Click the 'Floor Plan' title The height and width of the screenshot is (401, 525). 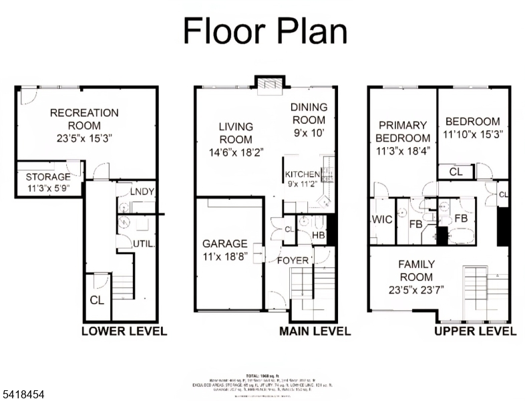(x=265, y=31)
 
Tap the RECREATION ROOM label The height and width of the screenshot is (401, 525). (x=84, y=119)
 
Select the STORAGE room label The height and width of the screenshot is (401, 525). (x=48, y=177)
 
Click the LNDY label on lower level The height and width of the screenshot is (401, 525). (x=142, y=192)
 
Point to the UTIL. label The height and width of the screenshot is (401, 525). (x=145, y=243)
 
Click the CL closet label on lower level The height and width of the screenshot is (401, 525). (x=97, y=300)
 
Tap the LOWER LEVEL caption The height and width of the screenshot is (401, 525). (x=124, y=331)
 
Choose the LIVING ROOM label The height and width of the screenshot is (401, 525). (x=236, y=133)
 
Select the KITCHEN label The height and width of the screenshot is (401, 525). (x=303, y=174)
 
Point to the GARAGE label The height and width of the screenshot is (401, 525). (x=224, y=244)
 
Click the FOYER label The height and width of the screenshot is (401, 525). (x=293, y=260)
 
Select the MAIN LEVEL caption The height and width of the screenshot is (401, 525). (x=315, y=331)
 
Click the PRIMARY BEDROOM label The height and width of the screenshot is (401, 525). (x=403, y=132)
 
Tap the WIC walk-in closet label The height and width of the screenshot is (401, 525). (x=381, y=220)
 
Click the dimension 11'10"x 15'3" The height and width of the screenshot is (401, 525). (x=472, y=134)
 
